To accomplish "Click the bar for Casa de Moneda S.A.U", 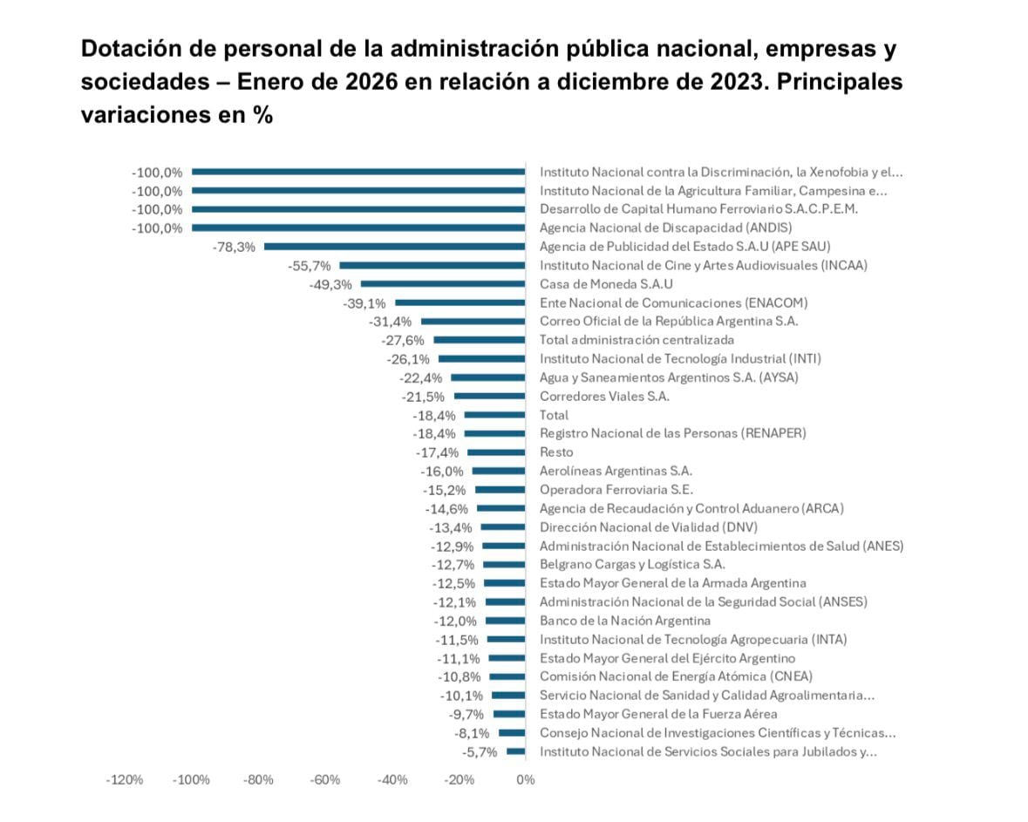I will click(443, 284).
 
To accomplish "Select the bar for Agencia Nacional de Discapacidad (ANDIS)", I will click(358, 228).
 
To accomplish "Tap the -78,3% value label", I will click(234, 247).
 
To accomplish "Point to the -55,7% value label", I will click(310, 266).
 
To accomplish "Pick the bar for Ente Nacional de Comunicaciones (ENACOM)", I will click(460, 303).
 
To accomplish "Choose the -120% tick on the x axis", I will click(124, 779).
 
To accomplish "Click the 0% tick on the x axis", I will click(525, 779).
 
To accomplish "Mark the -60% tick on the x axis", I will click(325, 779).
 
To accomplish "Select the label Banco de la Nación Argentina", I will click(624, 621).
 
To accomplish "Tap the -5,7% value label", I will click(479, 752).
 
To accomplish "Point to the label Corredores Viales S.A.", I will click(604, 396).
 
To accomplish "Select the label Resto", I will click(556, 452).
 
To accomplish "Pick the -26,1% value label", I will click(408, 359).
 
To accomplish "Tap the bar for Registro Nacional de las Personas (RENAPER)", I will click(494, 433).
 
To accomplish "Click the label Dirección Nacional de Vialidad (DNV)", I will click(649, 527).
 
